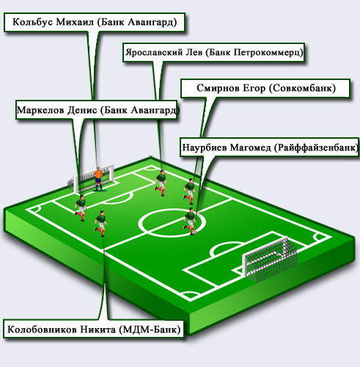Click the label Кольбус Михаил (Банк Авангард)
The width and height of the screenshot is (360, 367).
point(95,22)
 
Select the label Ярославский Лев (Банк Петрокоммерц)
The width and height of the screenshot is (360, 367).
point(214,53)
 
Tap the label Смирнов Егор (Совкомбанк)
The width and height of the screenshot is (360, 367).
point(265,88)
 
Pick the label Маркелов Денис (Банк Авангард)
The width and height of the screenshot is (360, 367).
point(97,110)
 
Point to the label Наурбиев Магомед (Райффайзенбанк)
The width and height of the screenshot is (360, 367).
point(270,148)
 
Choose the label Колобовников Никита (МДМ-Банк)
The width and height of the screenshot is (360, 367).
point(94,329)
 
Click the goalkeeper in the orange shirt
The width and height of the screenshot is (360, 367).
point(98,179)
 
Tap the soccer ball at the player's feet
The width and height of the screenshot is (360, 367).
point(195,233)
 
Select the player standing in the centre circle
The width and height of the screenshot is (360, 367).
point(190,222)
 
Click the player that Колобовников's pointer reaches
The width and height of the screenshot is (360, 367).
point(100,224)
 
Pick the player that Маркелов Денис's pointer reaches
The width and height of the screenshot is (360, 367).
point(81,208)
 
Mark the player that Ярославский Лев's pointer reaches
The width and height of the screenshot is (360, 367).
point(161,183)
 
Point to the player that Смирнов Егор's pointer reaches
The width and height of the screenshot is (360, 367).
point(190,192)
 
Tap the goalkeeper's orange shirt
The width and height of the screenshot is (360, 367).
point(98,175)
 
